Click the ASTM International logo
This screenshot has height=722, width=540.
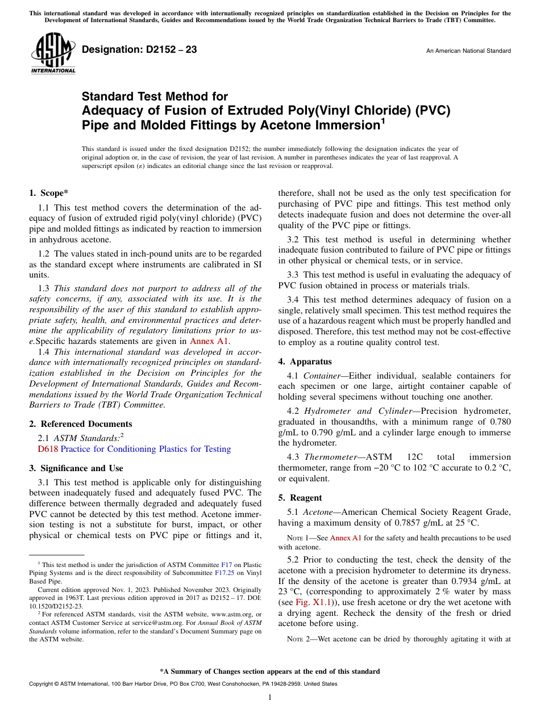click(x=53, y=54)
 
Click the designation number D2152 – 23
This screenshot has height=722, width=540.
click(x=139, y=50)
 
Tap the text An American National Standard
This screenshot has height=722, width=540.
click(x=468, y=51)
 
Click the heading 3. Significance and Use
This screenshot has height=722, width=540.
click(x=76, y=468)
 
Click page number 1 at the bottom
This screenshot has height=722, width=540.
click(x=269, y=697)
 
